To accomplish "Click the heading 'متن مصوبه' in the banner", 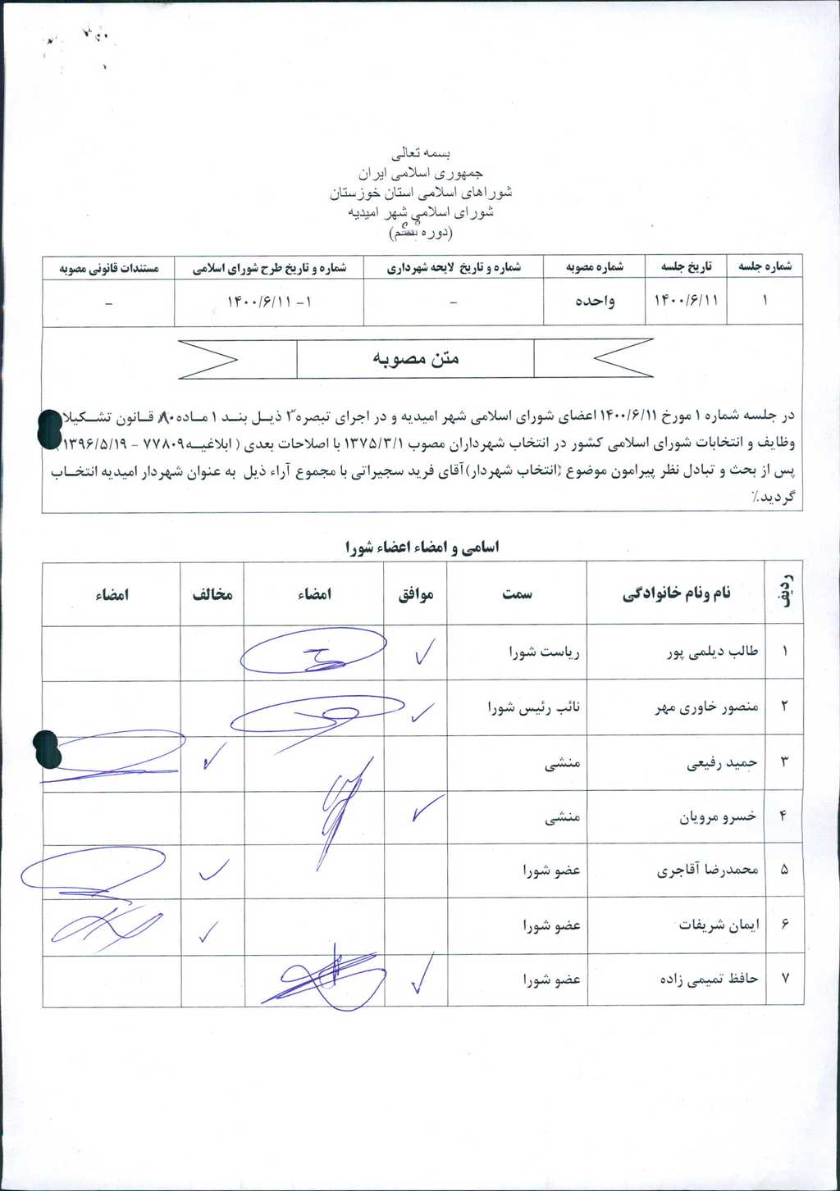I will (416, 359).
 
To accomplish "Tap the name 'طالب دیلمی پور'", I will (712, 652).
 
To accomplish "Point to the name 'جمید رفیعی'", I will (722, 763).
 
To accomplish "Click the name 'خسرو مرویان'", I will (718, 817).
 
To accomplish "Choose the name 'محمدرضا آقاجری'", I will (707, 871).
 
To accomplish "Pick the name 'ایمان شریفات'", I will (719, 925).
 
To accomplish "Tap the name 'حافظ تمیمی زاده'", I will (709, 979).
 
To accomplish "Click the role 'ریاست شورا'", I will (545, 653).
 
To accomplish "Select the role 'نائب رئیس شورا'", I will (533, 707).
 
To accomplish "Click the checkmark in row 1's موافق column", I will (424, 653).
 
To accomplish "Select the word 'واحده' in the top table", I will (595, 301).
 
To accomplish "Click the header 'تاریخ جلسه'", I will (687, 267).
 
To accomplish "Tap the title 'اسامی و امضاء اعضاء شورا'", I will (422, 548).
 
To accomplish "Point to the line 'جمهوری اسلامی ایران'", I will (421, 174).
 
